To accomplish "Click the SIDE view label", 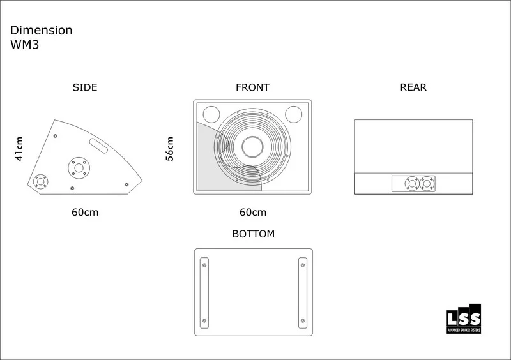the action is coord(85,87).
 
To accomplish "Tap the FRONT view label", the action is coord(252,87).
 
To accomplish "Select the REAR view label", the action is coord(413,87).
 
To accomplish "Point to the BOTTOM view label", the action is coord(253,234).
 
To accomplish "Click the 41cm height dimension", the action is coord(19,149).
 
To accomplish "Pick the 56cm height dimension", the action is coord(170,149).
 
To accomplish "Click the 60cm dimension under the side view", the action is coord(85,213).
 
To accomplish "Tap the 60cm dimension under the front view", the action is coord(253,213).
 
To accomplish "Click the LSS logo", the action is coord(464,319).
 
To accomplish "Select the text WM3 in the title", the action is coord(24,45).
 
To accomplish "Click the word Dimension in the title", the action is coord(41,30).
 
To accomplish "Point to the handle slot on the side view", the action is coord(98,146).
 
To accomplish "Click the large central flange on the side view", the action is coord(79,168).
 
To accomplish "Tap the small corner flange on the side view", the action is coord(41,181).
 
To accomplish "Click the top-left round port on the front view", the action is coord(211,114).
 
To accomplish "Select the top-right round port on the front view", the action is coord(294,114).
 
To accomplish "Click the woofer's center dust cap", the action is coord(252,147).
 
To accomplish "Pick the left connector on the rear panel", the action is coord(412,184).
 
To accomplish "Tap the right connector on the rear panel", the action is coord(427,184).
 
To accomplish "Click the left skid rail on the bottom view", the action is coord(204,293).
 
